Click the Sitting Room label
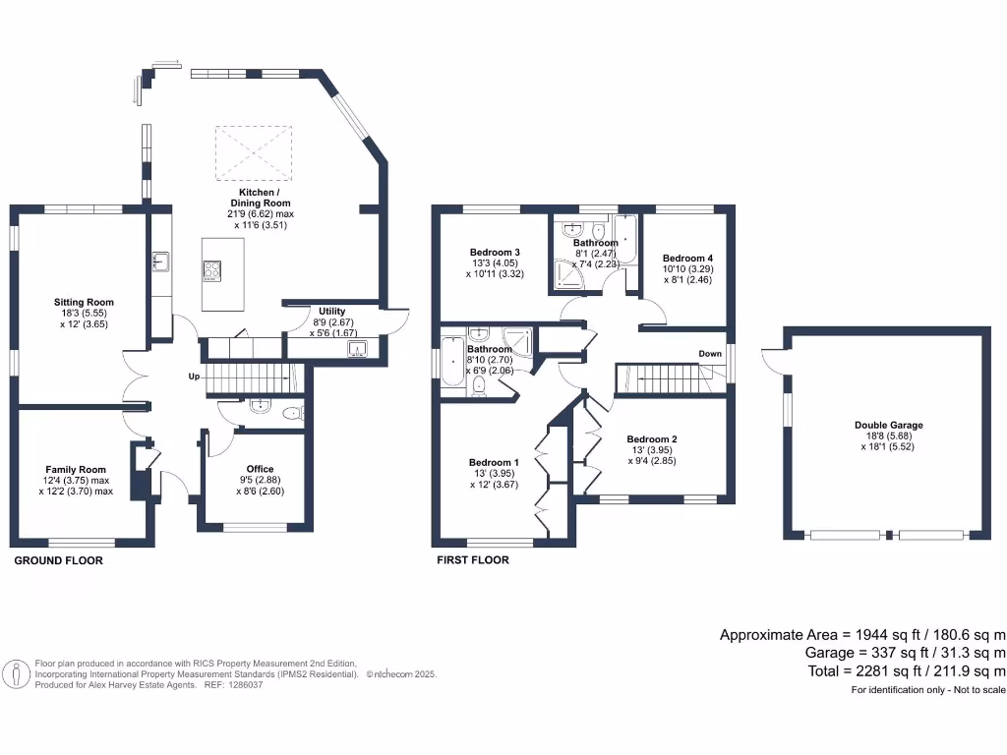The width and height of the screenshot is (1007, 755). coord(85,303)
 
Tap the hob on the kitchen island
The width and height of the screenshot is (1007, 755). coord(212,271)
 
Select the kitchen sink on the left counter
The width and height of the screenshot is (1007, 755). coord(160,261)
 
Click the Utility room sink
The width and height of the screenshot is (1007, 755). coord(357,349)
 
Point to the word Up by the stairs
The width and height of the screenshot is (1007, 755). coord(194,377)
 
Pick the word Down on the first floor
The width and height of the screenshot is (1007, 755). coord(710,354)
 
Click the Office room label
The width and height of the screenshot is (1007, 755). coord(260,469)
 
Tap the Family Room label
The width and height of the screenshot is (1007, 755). coord(76,470)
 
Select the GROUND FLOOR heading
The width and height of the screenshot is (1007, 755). coord(58,560)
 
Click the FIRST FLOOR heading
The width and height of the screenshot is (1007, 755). coord(473,559)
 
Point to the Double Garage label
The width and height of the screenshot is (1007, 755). coord(889,425)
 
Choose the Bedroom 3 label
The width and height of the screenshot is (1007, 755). coord(495,253)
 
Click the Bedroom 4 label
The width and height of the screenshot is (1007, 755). coord(687,259)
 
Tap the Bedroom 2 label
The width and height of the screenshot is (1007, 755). coord(652,439)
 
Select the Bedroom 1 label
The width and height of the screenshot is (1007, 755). coord(494,462)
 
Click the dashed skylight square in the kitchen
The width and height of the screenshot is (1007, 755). coord(254,153)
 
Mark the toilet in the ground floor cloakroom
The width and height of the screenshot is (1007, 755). coord(293,413)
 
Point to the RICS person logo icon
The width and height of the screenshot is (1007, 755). coord(16,674)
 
